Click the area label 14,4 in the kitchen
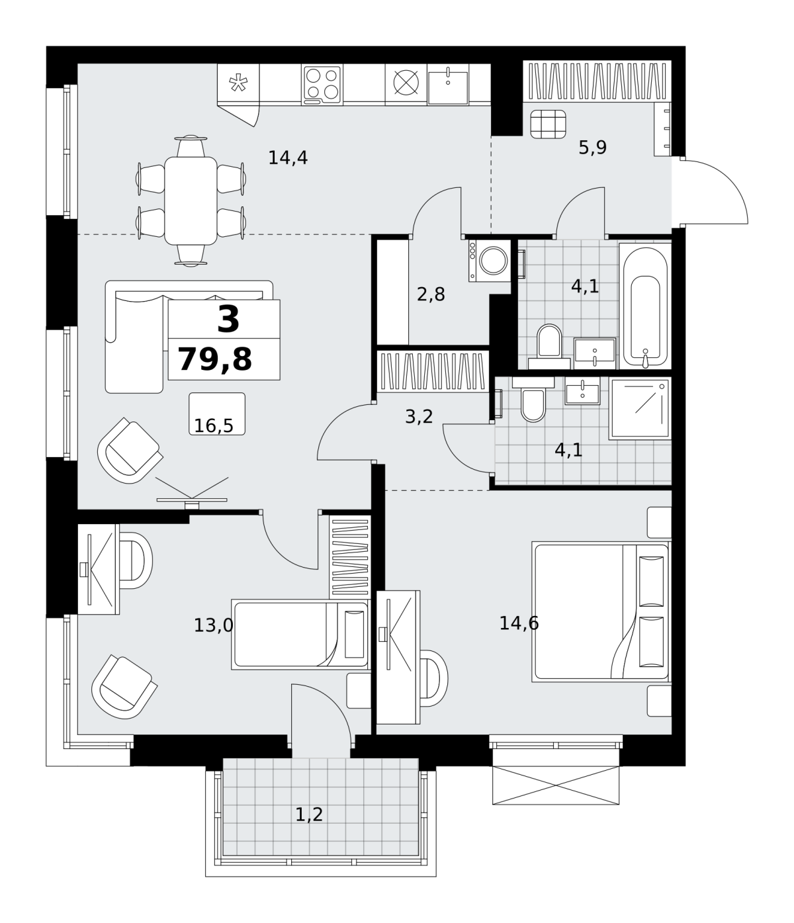288,158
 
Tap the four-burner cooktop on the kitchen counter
322,85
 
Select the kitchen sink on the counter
448,85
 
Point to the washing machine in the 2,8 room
490,261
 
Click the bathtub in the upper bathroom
645,306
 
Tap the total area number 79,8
215,359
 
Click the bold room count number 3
228,320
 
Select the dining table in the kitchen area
191,201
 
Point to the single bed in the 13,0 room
300,634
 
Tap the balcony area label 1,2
309,815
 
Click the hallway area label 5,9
593,148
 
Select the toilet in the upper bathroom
549,346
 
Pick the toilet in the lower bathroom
533,400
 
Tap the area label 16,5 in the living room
214,426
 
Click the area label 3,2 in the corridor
419,417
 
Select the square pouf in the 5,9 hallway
549,124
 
